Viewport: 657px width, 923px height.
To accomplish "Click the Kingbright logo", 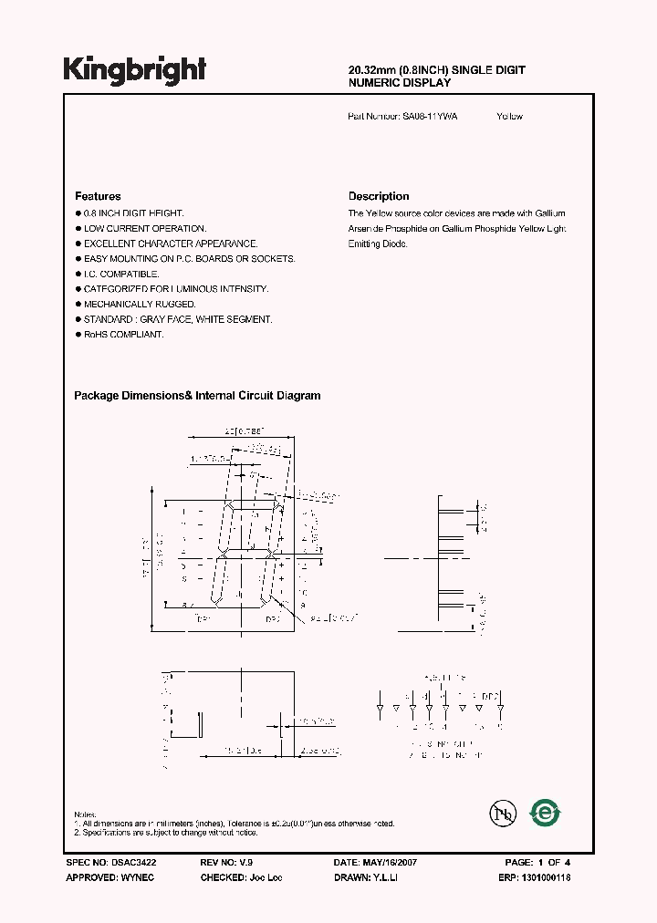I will pos(134,70).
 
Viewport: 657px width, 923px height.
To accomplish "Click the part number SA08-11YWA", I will pos(430,117).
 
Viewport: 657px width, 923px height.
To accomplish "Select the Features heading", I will pos(98,196).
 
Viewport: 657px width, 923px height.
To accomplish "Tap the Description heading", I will pos(379,196).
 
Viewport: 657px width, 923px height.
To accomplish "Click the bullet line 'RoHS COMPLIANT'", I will pos(123,335).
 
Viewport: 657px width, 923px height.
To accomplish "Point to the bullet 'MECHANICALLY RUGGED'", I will pos(140,304).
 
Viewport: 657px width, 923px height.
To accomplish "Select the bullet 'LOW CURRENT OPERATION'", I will pos(145,228).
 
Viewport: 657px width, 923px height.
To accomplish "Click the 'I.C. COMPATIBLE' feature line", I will pos(121,274).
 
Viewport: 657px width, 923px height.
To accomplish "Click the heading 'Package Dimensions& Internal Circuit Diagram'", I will pos(197,396).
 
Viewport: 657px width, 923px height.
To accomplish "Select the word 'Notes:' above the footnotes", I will pos(85,814).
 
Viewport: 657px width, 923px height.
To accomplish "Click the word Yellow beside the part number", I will pos(510,117).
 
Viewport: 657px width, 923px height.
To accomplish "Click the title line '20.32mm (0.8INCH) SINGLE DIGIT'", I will pos(437,70).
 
